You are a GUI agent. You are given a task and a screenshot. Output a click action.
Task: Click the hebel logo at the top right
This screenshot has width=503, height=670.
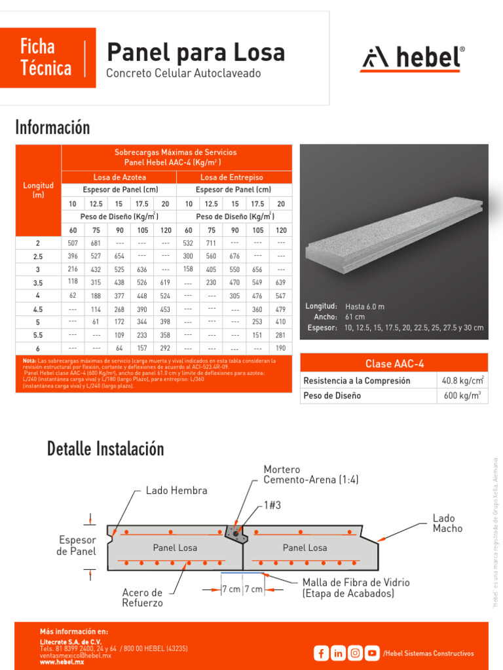coord(413,59)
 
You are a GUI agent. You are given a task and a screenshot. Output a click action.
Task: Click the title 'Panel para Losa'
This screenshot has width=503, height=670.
coord(195,52)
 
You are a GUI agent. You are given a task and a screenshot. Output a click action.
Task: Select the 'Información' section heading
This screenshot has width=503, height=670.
coord(52,127)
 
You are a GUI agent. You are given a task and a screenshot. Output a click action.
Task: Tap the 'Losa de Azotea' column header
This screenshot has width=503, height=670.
coord(120,177)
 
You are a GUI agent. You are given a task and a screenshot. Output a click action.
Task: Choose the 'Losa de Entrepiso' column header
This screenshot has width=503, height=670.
coord(234,177)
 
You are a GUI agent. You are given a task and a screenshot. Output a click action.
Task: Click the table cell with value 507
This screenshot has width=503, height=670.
coord(73,243)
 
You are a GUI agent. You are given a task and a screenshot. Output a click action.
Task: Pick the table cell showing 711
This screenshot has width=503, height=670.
coord(212,243)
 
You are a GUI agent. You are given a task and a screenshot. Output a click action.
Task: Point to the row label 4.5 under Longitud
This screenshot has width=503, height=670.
coord(38,309)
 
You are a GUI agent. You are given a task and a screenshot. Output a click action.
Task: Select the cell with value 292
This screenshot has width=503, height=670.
coord(165,349)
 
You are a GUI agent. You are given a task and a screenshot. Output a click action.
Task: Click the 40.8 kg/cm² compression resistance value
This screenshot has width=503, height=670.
coord(462,380)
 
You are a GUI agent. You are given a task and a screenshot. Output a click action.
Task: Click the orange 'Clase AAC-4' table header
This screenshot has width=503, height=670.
coord(394,363)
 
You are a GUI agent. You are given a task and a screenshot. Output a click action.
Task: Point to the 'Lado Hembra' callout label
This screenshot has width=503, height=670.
coord(176,491)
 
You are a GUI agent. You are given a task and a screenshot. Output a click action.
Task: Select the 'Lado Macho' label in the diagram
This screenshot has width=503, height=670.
coord(447,523)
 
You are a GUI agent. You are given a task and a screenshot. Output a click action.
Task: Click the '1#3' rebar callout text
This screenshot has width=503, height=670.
coord(273,504)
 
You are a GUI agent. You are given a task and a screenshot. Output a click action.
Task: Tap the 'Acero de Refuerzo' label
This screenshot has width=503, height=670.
coord(143,597)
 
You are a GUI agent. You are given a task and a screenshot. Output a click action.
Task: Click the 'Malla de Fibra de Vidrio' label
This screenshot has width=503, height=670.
coord(356,582)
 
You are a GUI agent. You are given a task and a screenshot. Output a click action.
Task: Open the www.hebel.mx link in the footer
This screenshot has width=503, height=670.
coord(62,662)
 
